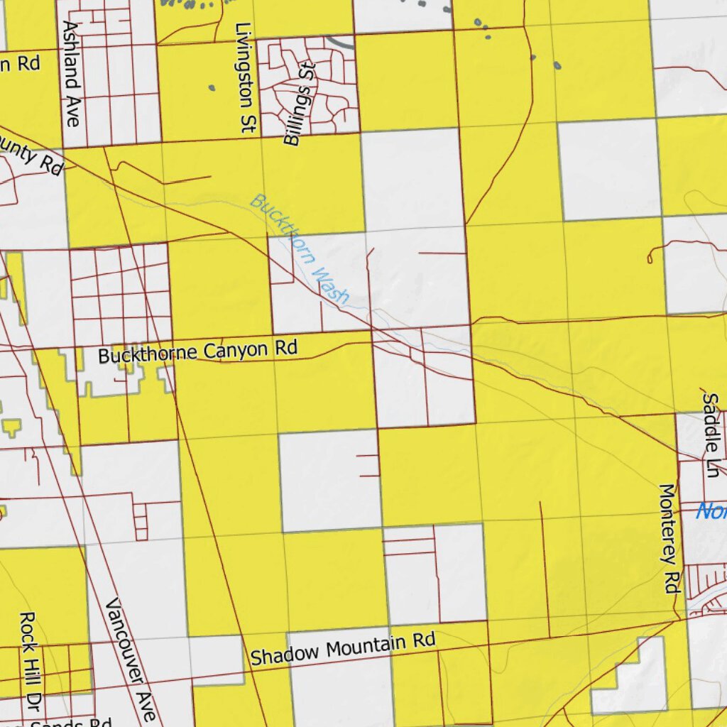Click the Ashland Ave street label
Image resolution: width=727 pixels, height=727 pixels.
pos(72,72)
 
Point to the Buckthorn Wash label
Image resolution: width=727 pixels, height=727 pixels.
pos(300,249)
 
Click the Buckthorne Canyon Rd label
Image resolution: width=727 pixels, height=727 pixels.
pos(197,351)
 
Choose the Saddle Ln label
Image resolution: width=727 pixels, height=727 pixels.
pos(712,426)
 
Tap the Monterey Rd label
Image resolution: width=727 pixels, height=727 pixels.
pos(670,538)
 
